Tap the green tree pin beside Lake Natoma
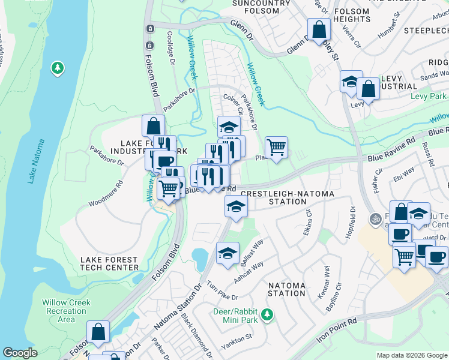point(58,68)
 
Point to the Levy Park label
point(428,96)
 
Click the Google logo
point(20,353)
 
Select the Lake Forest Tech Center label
point(109,263)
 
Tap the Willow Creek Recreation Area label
point(67,311)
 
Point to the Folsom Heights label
point(351,15)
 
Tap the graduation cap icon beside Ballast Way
point(228,253)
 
